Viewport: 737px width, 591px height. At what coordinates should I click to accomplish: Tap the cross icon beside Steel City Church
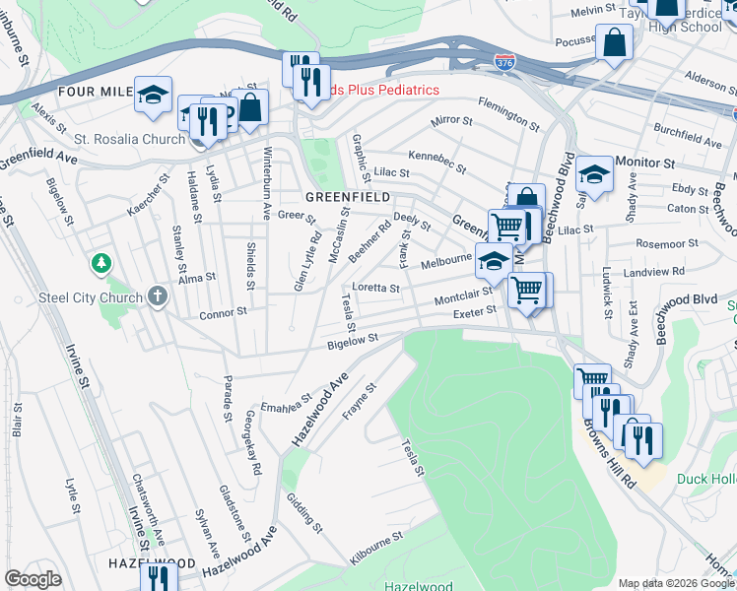[157, 295]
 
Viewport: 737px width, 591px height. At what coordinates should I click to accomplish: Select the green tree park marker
[100, 263]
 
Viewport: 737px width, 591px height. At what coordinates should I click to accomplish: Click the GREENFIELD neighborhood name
[324, 197]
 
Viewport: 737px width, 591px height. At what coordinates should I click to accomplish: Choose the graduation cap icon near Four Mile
[153, 94]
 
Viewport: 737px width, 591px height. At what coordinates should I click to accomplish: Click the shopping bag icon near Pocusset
[614, 42]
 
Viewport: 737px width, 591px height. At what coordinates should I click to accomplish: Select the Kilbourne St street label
[376, 550]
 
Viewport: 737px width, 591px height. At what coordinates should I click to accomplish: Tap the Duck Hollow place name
[706, 479]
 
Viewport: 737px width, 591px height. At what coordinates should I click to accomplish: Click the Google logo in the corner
[33, 578]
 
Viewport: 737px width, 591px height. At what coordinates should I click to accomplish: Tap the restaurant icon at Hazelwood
[158, 578]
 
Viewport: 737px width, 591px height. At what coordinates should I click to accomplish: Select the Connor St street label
[223, 312]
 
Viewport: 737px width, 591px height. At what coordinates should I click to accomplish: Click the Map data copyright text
[675, 583]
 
